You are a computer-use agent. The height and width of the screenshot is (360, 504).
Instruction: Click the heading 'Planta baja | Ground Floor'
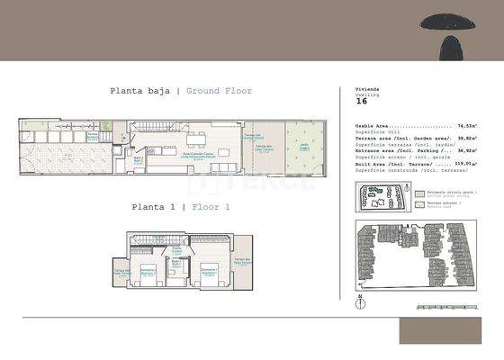point(181,91)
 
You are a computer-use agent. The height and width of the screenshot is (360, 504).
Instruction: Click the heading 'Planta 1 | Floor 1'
point(181,207)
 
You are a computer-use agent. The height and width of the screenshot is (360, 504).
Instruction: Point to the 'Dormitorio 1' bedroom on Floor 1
point(209,271)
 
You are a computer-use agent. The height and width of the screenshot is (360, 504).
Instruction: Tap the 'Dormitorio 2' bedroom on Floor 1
point(148,271)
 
